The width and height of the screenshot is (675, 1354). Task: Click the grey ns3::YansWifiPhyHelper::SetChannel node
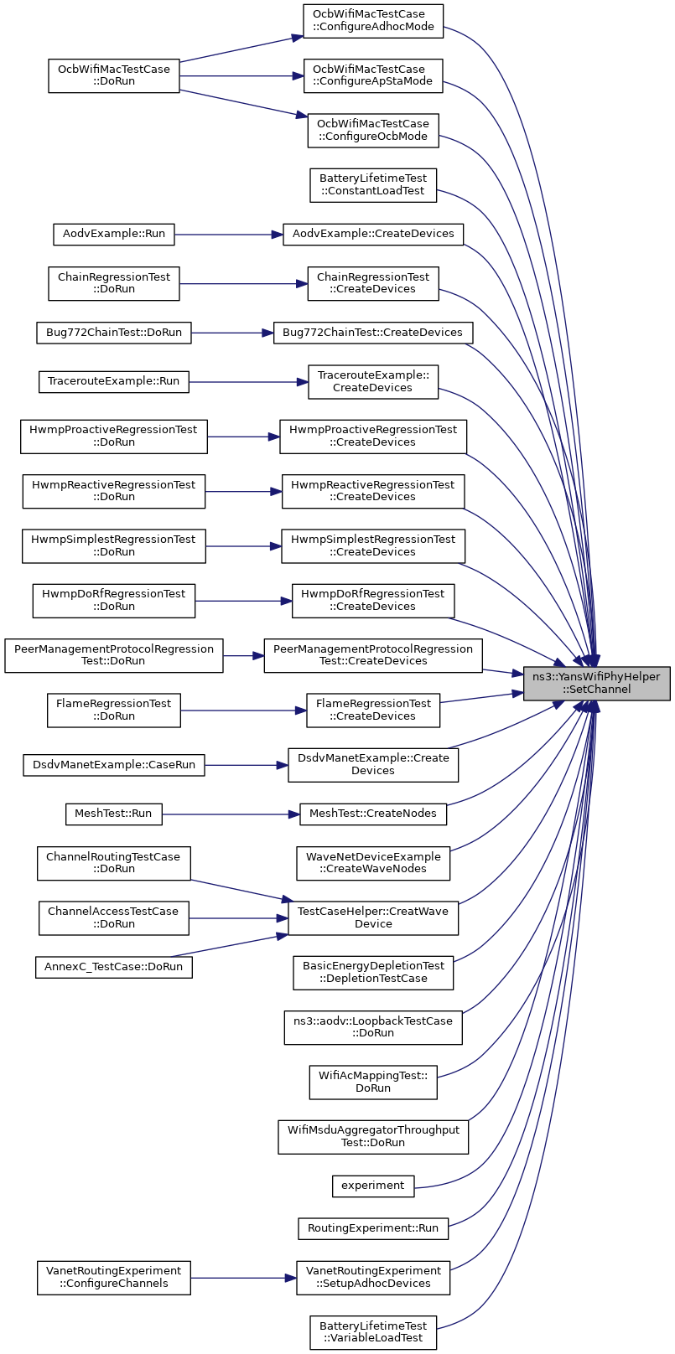pyautogui.click(x=596, y=683)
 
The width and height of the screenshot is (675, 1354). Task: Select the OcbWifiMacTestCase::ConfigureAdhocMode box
pyautogui.click(x=373, y=21)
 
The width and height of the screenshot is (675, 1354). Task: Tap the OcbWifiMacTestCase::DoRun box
pyautogui.click(x=114, y=75)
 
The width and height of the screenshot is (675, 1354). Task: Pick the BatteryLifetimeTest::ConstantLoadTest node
pyautogui.click(x=373, y=185)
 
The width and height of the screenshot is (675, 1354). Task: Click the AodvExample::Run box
pyautogui.click(x=114, y=234)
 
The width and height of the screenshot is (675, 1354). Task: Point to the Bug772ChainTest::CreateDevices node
pyautogui.click(x=373, y=333)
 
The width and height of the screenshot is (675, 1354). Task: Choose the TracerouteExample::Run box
pyautogui.click(x=114, y=381)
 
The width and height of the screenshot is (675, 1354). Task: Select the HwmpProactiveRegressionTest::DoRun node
pyautogui.click(x=114, y=437)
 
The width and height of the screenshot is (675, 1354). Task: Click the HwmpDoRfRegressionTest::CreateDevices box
pyautogui.click(x=373, y=601)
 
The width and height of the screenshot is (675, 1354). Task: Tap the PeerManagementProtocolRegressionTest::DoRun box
pyautogui.click(x=114, y=655)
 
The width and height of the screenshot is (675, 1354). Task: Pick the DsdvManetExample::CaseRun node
pyautogui.click(x=114, y=765)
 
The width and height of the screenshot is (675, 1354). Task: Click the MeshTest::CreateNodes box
pyautogui.click(x=373, y=814)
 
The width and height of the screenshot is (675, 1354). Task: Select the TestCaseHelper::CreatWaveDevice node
pyautogui.click(x=373, y=918)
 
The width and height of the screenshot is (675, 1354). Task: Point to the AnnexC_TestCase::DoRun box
pyautogui.click(x=114, y=967)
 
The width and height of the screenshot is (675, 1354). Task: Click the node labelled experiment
pyautogui.click(x=373, y=1186)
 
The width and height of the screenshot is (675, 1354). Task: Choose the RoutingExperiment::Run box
pyautogui.click(x=373, y=1229)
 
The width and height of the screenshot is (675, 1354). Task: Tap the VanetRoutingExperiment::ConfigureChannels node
pyautogui.click(x=114, y=1278)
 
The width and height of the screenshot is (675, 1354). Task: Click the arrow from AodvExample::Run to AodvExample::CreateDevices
pyautogui.click(x=229, y=234)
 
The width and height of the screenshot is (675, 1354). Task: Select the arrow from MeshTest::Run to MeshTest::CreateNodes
pyautogui.click(x=231, y=814)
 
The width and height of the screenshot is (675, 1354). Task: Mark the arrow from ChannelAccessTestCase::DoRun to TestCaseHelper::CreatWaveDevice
pyautogui.click(x=238, y=918)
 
